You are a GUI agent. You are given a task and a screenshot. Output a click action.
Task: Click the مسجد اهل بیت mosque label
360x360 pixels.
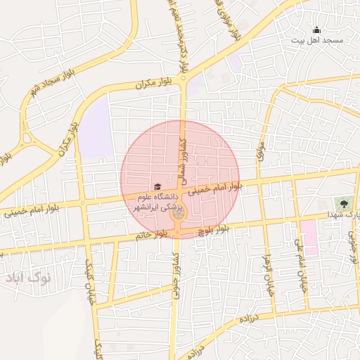coord(317,41)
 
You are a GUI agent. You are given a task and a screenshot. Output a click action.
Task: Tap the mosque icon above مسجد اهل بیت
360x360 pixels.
coord(316,30)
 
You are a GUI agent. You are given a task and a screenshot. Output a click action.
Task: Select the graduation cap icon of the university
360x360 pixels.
coord(157,186)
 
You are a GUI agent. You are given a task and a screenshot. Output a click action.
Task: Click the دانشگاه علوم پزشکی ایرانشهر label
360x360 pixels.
coord(158,202)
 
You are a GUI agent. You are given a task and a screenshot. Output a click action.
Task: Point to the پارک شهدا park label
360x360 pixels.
coord(345,214)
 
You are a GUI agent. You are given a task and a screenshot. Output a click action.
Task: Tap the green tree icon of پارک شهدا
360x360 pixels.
coord(343,203)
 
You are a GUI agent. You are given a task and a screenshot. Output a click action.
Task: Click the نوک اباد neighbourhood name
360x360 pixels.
coord(28,278)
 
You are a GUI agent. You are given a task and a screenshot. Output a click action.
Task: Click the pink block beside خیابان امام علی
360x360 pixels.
coord(309,236)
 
